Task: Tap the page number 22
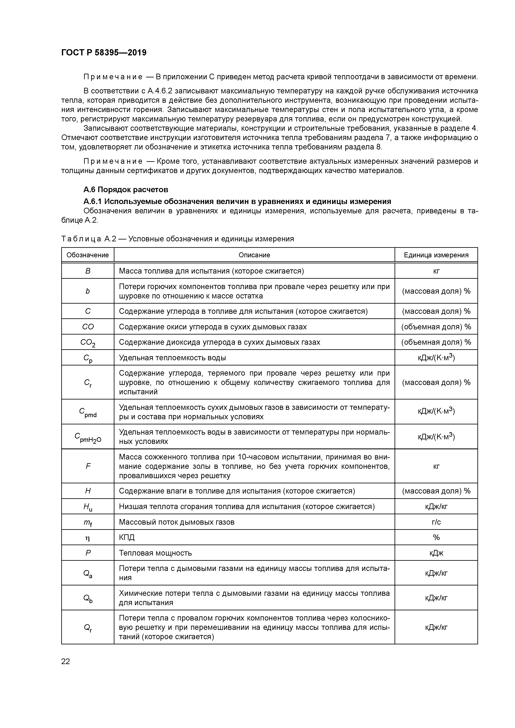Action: (65, 661)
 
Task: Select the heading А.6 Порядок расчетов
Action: (126, 190)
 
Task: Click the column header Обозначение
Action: (88, 255)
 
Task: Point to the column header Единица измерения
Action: (436, 255)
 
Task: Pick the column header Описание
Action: (254, 255)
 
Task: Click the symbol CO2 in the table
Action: (88, 342)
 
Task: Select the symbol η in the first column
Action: (88, 537)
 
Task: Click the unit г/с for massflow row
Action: (436, 522)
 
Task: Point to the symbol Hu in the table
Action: (88, 507)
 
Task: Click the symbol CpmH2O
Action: (88, 437)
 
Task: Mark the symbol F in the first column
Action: (88, 466)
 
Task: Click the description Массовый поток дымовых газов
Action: (177, 522)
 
